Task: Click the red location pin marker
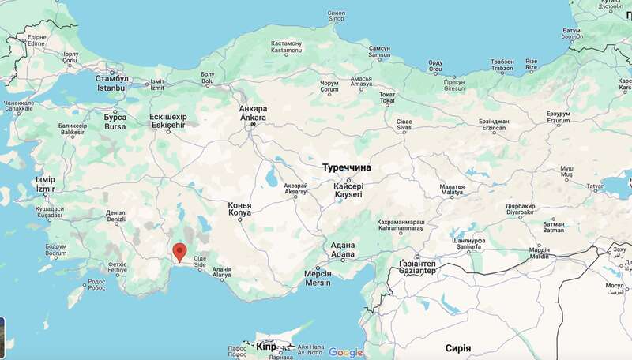click(x=180, y=252)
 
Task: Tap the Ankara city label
click(x=254, y=114)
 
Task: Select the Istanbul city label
click(x=111, y=83)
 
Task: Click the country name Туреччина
click(x=347, y=168)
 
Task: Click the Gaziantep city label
click(x=417, y=266)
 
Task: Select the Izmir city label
click(x=45, y=185)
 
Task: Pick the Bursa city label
click(x=115, y=122)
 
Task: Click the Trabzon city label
click(x=502, y=65)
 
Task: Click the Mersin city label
click(x=318, y=278)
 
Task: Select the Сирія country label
click(x=458, y=348)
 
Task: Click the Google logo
click(x=346, y=352)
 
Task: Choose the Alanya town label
click(x=222, y=272)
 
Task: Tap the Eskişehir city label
click(x=167, y=121)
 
